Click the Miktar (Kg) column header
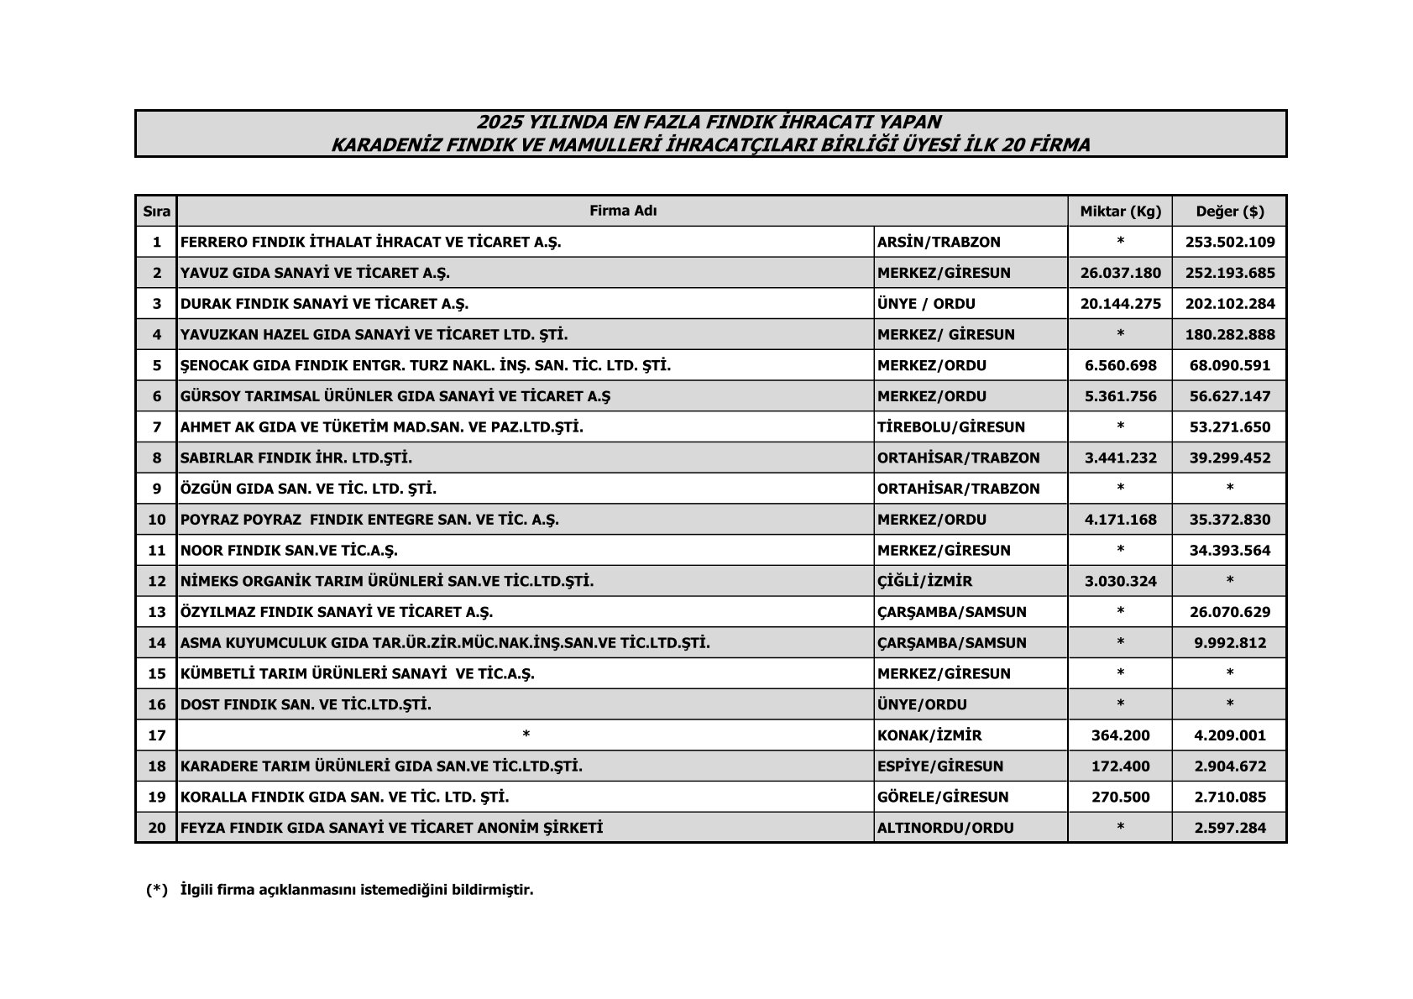click(1120, 211)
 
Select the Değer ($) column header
click(1229, 211)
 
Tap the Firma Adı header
click(622, 211)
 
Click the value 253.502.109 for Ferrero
click(1229, 242)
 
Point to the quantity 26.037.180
click(1120, 273)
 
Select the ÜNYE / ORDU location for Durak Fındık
click(926, 304)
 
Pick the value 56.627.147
click(1229, 396)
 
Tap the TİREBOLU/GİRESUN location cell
click(950, 427)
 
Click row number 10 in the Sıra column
click(157, 520)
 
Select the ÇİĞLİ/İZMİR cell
click(924, 581)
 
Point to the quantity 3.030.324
click(1120, 581)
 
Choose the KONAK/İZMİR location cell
click(929, 735)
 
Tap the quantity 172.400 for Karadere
click(1120, 766)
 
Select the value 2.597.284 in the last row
click(1229, 828)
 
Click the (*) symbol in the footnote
click(157, 890)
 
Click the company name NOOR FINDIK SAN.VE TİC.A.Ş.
click(289, 551)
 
